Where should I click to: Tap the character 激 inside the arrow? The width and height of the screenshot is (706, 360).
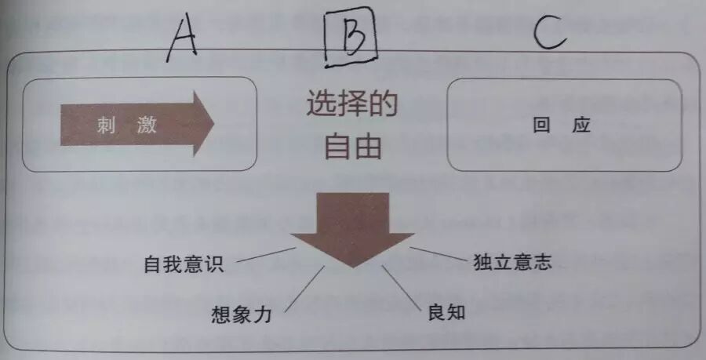point(147,125)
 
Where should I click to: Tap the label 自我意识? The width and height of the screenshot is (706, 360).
point(184,265)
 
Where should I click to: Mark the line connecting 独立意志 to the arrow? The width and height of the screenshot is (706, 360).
point(437,254)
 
